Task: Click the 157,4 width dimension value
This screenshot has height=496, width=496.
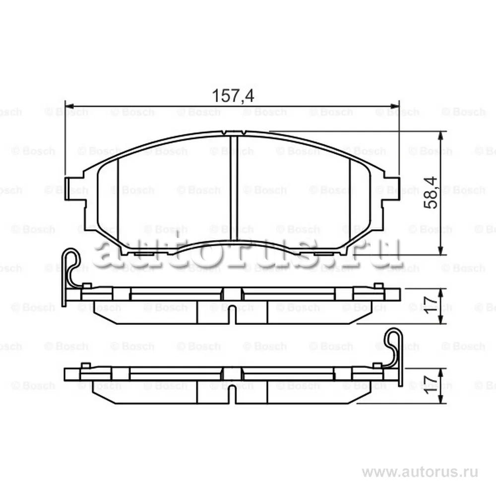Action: tap(233, 95)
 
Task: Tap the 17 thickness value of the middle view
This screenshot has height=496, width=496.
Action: tap(432, 302)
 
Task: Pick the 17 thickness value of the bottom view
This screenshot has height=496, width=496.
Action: tap(432, 383)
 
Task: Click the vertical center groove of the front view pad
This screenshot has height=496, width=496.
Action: tap(234, 188)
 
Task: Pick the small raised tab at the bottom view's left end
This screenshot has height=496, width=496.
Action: tap(85, 366)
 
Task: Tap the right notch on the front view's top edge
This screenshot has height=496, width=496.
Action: tap(244, 132)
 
